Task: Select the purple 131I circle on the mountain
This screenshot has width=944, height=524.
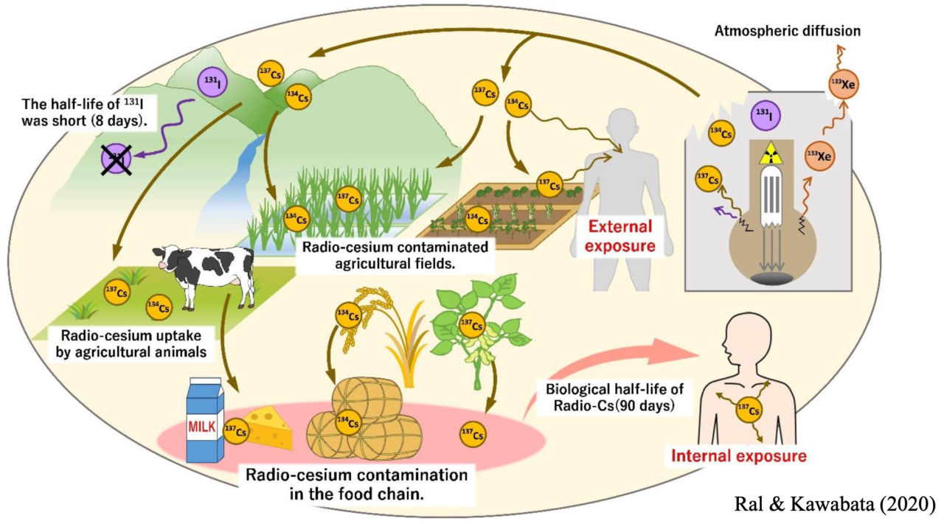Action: click(x=212, y=80)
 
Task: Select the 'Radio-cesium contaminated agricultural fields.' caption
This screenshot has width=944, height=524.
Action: click(x=395, y=253)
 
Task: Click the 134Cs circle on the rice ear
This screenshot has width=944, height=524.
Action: click(x=349, y=315)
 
